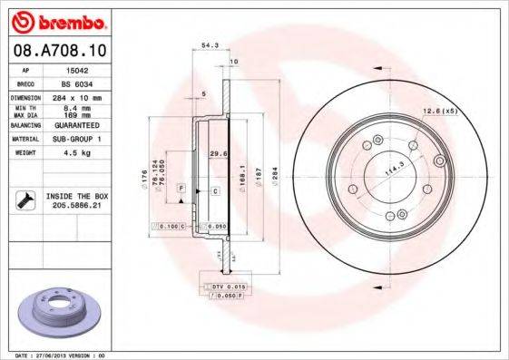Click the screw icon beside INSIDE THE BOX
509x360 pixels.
(25, 199)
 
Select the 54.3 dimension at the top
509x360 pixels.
(210, 44)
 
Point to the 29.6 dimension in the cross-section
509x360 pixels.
(216, 153)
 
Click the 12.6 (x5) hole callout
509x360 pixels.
(441, 112)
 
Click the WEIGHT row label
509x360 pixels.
(24, 154)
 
